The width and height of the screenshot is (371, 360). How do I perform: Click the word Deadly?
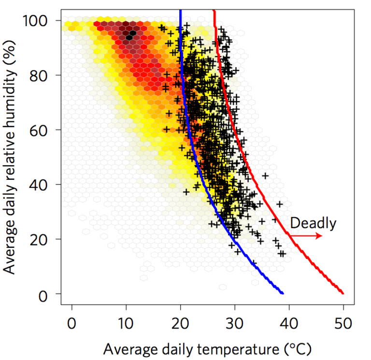point(313,223)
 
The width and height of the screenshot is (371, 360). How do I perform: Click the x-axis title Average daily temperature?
point(207,348)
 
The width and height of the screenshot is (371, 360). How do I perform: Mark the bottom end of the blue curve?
point(283,293)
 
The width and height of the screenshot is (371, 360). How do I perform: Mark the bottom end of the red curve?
point(342,293)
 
